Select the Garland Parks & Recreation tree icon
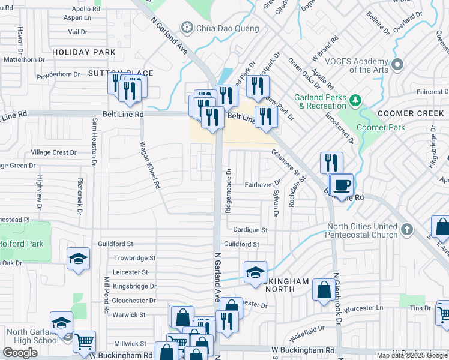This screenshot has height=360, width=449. (355, 99)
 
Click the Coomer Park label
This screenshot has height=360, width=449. (381, 127)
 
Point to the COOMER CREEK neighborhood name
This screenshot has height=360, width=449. (411, 113)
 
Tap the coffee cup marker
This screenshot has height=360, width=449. (342, 184)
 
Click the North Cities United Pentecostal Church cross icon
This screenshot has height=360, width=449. (407, 229)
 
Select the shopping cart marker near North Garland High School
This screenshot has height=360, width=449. (84, 341)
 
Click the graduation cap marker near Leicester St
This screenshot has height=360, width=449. (255, 272)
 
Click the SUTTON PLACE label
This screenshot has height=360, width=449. (121, 73)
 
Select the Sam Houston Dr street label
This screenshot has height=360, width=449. (94, 142)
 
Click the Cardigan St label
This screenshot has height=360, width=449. (250, 229)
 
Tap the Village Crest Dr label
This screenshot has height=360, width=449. (53, 152)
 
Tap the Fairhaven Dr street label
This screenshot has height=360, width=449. (262, 185)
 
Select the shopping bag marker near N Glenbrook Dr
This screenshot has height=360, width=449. (324, 290)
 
